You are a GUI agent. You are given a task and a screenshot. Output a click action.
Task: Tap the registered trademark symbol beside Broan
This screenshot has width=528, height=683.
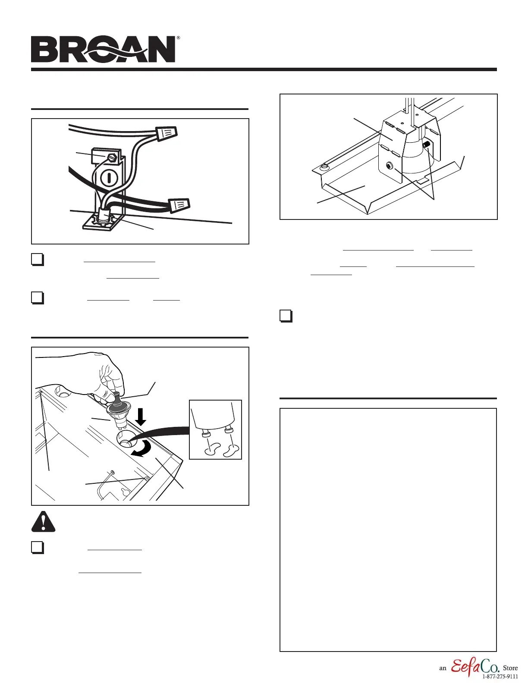[178, 38]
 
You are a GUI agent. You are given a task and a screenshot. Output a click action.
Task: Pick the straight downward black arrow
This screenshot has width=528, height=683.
[141, 417]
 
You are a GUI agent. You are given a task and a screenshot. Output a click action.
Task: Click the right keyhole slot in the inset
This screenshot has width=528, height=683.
[231, 451]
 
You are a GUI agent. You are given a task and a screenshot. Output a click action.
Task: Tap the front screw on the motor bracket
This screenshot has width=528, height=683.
[390, 166]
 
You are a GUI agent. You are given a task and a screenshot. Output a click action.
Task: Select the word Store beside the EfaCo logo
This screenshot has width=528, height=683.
[510, 668]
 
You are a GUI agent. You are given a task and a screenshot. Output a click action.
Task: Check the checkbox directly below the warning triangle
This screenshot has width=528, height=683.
[38, 547]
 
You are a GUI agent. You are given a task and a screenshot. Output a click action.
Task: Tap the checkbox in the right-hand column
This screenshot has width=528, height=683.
[286, 316]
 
